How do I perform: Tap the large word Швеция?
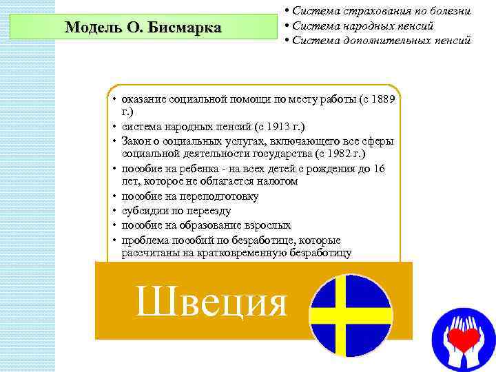point(211,301)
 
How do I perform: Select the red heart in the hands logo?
point(463,338)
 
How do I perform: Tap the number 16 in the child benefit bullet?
point(378,168)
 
